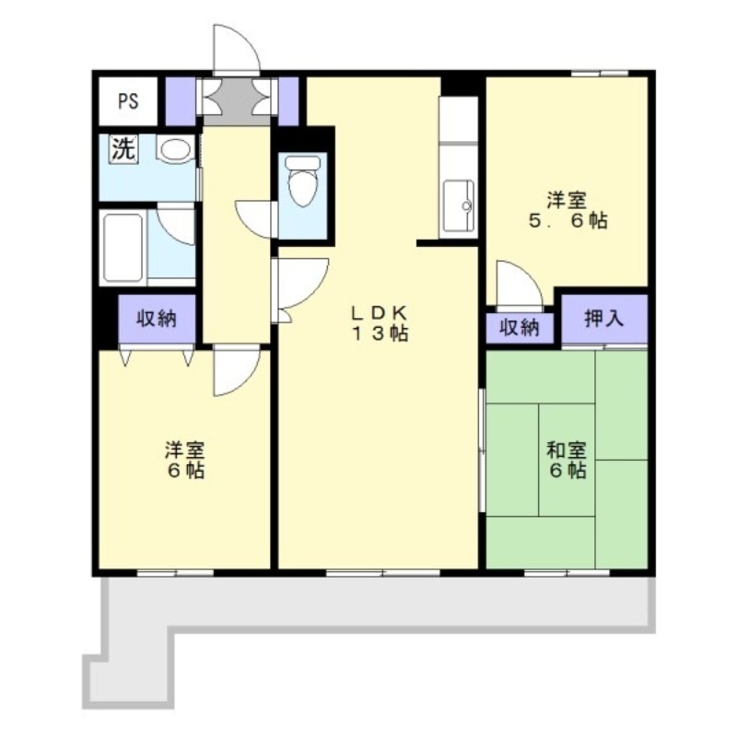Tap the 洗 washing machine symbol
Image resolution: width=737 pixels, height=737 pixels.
pos(123,148)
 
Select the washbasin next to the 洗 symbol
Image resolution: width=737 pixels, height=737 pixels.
pos(173,150)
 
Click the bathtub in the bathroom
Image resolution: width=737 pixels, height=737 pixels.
pos(122,247)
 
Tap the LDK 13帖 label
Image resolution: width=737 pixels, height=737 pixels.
pos(378,322)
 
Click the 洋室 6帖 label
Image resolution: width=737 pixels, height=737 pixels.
pos(184,460)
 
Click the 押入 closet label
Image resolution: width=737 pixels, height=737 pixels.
pos(604,320)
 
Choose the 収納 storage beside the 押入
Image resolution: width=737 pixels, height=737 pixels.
pos(520,328)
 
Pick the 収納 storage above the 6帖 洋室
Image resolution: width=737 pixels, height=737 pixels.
pos(157,320)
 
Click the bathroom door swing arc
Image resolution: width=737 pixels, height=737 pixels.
pos(177,227)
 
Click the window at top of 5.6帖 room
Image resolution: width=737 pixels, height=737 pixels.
pos(599,72)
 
